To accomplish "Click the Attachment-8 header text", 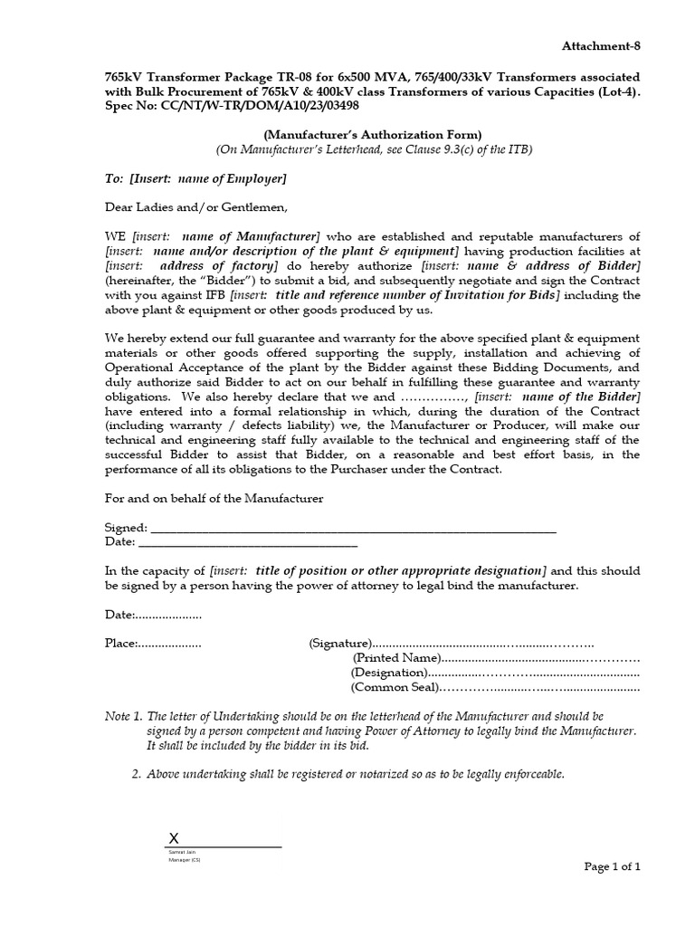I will tap(601, 45).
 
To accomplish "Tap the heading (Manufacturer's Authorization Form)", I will tap(373, 134).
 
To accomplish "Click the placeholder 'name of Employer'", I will tap(231, 177).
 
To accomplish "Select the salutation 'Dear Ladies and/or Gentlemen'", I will tap(196, 207).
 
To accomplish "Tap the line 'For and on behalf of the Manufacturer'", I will tap(214, 499).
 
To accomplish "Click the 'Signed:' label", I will tap(126, 528).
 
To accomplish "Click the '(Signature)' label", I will tap(340, 644).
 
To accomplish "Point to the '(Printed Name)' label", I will tap(396, 658).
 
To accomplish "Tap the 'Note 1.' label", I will tap(124, 715).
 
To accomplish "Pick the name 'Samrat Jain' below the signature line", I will tap(181, 853).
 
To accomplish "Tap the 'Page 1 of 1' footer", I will tap(612, 866).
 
